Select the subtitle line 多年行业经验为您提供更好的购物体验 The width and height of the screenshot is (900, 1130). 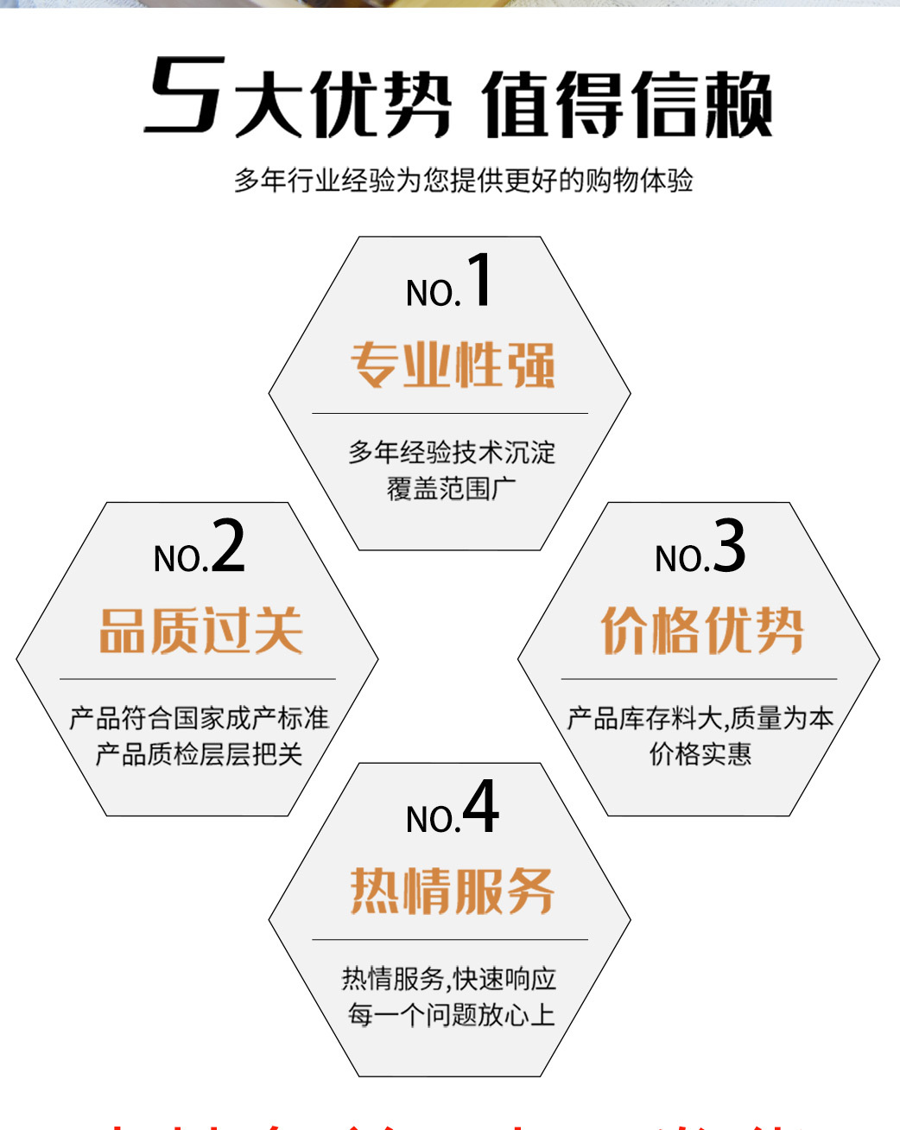click(x=463, y=181)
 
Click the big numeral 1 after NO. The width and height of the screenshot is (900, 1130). click(x=480, y=280)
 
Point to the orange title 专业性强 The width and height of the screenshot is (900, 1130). click(x=453, y=365)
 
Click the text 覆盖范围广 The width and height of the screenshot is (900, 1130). click(x=451, y=489)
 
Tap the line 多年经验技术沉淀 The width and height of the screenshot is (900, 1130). click(x=451, y=452)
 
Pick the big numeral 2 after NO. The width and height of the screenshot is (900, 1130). click(x=228, y=546)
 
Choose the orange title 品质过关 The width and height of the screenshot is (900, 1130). click(x=200, y=631)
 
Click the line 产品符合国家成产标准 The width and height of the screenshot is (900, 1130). click(x=200, y=718)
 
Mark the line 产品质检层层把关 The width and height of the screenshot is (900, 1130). click(x=200, y=754)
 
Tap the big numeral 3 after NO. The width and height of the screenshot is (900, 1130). click(x=730, y=546)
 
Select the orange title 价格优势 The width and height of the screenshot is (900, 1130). click(x=701, y=631)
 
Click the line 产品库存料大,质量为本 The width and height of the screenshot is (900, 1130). click(x=700, y=718)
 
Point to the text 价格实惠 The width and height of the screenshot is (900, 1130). click(x=700, y=754)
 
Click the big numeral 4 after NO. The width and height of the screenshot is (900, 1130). click(x=480, y=807)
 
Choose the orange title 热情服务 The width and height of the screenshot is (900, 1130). click(x=453, y=891)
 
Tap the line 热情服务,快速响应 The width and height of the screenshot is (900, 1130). click(x=449, y=979)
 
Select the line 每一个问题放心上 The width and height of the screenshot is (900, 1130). click(x=451, y=1014)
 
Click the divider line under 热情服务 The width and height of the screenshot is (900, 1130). click(x=449, y=939)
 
